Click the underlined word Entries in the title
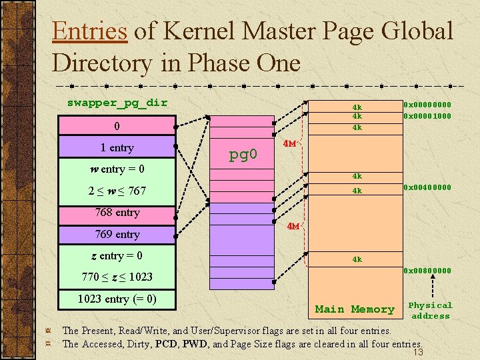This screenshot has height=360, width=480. coord(89,31)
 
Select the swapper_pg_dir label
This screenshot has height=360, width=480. coord(117,103)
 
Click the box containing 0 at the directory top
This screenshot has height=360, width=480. coord(117,126)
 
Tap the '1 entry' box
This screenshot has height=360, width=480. coord(117,147)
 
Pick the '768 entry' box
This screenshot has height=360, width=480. coord(117,213)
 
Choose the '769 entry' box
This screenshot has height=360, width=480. coord(117,234)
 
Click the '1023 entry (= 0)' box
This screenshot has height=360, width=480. coord(117,299)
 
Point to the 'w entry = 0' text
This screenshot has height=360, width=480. coord(117,169)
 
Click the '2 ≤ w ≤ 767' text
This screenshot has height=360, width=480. coord(117,191)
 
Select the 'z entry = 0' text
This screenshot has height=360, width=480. coord(117,255)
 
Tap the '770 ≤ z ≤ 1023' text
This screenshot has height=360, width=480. coord(117,277)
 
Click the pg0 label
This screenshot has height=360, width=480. coord(243,155)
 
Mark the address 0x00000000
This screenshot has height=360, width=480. coord(427,105)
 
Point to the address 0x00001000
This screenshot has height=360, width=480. coord(427,115)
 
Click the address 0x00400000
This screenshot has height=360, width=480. coord(427,187)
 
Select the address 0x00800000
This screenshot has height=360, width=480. coord(427,270)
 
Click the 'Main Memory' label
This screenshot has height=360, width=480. coord(355,309)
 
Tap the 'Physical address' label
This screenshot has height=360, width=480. coord(430,310)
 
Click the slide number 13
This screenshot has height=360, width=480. coord(418,352)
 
